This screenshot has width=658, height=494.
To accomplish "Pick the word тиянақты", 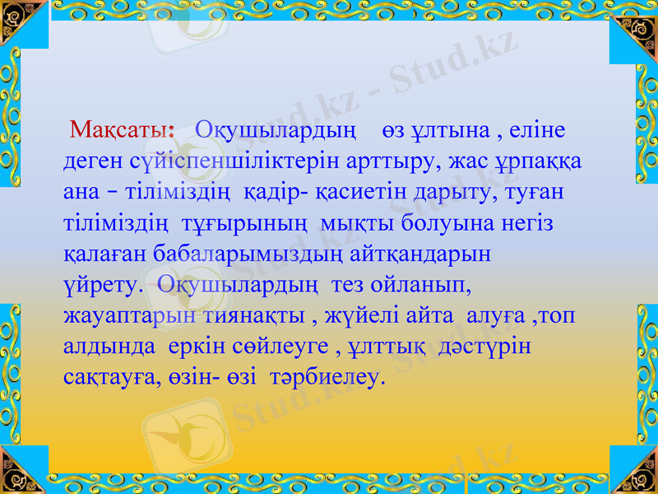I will [x=252, y=316].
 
